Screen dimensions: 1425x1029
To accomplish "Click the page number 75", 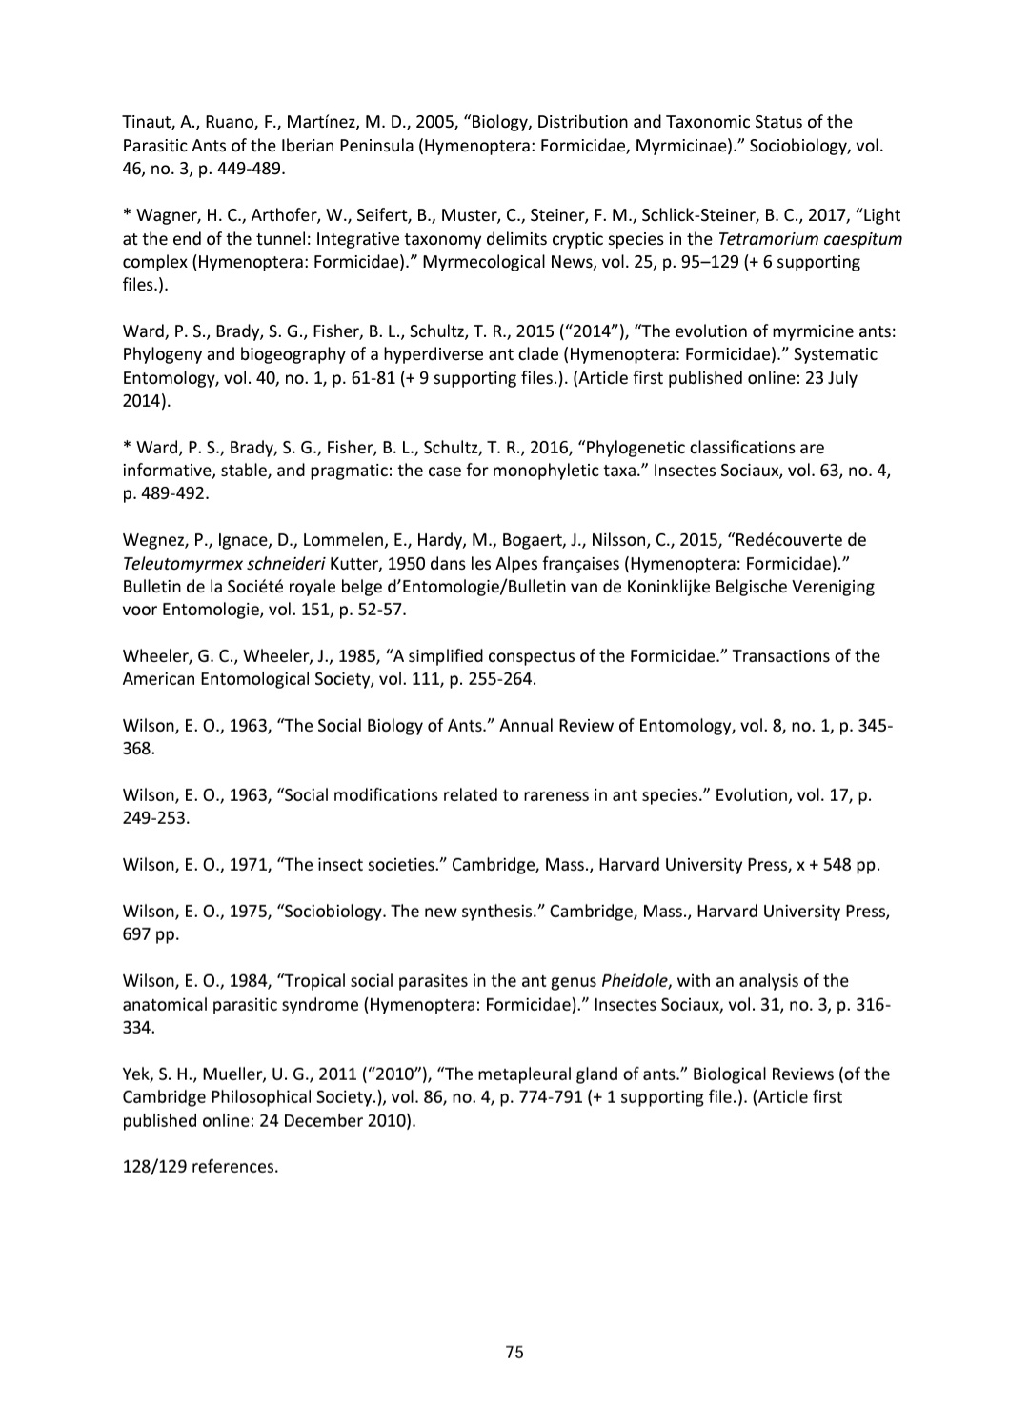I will click(514, 1352).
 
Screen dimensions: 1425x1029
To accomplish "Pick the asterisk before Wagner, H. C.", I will click(127, 214).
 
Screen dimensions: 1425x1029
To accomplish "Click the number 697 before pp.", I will click(136, 933).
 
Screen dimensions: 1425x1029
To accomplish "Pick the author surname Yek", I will click(137, 1074).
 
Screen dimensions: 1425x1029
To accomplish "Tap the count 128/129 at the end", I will click(154, 1166).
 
